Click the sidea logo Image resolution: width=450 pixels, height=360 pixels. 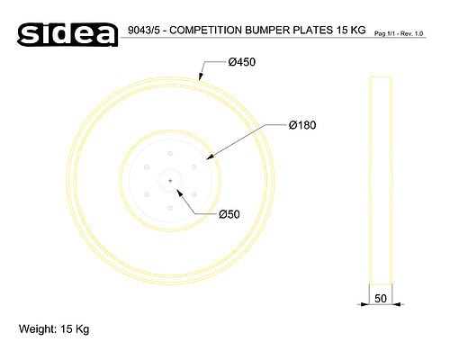(67, 34)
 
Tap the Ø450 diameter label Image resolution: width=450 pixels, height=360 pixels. (242, 62)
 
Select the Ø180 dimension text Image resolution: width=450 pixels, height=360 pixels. (302, 125)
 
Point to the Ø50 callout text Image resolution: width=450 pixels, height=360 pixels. (229, 214)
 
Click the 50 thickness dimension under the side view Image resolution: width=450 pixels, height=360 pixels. (381, 299)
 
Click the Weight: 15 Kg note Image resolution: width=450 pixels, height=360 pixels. (54, 329)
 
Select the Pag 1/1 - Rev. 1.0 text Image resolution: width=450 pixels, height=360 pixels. (399, 33)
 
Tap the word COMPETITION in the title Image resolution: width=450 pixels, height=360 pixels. (205, 30)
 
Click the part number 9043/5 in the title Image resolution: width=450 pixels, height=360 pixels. (142, 31)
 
